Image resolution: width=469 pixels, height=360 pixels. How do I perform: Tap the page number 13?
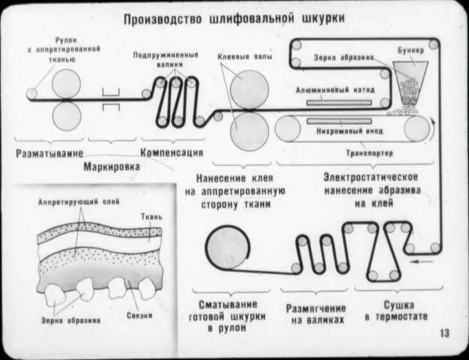[445, 333]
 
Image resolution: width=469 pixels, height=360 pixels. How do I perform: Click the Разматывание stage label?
[49, 153]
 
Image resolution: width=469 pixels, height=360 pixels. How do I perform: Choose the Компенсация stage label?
[172, 153]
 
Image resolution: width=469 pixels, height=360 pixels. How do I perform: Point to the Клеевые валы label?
[245, 57]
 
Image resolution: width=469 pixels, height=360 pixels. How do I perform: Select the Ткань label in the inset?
[152, 217]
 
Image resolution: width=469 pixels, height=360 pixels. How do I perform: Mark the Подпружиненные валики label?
[166, 59]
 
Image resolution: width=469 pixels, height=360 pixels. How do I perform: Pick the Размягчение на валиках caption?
[316, 314]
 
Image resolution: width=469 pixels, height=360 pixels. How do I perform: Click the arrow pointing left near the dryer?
[421, 261]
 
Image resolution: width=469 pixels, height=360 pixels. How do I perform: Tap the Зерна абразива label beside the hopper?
[344, 57]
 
